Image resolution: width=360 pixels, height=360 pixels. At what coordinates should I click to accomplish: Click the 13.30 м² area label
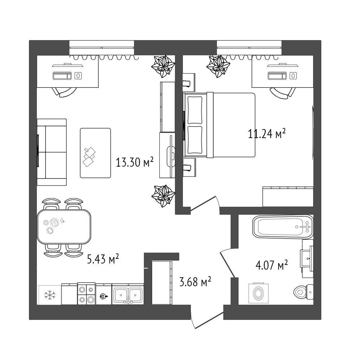tap(134, 162)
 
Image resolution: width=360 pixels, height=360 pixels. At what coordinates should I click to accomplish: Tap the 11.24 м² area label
tap(267, 134)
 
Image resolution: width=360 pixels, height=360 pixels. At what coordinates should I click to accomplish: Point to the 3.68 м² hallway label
tap(195, 282)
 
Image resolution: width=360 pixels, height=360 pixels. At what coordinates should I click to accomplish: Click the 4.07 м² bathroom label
tap(271, 265)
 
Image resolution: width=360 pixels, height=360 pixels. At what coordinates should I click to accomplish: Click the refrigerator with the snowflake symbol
tap(50, 295)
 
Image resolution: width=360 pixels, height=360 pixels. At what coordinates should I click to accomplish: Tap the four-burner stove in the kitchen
tap(86, 293)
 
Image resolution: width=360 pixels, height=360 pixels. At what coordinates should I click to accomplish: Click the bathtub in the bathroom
tap(283, 227)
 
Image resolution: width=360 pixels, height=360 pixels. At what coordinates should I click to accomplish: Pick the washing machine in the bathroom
tap(258, 293)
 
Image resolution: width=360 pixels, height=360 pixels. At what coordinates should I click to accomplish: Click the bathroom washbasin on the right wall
tap(307, 258)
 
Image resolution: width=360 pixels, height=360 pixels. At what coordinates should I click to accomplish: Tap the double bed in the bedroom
tap(219, 125)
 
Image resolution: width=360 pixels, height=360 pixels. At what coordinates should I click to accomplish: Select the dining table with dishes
tap(64, 227)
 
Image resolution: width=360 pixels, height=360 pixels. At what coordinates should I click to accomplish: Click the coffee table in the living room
tap(95, 153)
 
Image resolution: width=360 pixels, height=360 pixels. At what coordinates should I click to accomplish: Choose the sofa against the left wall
tap(52, 152)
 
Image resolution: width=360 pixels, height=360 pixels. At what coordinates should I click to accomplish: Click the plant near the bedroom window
tap(218, 66)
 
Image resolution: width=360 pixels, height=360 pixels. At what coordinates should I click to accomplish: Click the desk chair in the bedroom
tap(282, 93)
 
